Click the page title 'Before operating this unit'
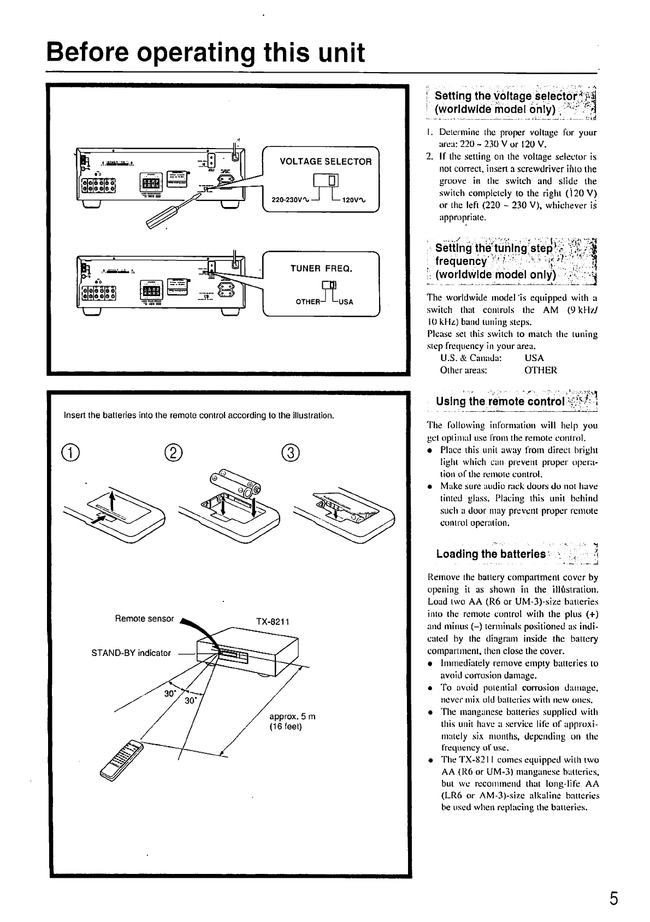point(205,53)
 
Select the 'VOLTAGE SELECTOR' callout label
point(326,162)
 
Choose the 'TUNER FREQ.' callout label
point(321,269)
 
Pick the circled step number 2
point(173,453)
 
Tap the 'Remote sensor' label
point(144,619)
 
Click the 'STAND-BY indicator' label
point(131,653)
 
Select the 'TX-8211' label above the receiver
point(272,622)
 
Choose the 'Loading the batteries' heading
point(491,554)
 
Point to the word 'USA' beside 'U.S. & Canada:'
point(534,358)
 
